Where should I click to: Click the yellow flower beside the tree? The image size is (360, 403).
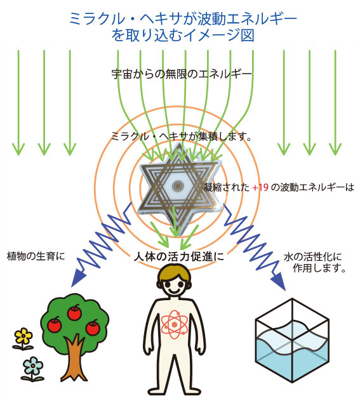[23, 338]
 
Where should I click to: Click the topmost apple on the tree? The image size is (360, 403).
[74, 312]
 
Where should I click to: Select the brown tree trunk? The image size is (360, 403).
[74, 357]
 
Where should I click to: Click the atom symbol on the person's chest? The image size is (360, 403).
[175, 324]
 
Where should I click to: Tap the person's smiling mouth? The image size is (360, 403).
[175, 290]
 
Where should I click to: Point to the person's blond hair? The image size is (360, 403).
[175, 273]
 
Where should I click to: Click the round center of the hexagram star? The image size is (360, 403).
[177, 185]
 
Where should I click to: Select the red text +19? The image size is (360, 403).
[260, 187]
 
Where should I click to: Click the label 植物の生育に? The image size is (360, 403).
[36, 256]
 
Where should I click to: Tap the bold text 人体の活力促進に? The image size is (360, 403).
[179, 256]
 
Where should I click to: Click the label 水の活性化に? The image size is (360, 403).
[312, 257]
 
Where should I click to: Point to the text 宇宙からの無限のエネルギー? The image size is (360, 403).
[182, 74]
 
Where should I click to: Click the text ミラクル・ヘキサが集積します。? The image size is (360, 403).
[182, 136]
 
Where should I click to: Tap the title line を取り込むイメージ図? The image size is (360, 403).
[183, 35]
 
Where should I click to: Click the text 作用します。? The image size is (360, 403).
[319, 268]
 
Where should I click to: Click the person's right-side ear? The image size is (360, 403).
[190, 284]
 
